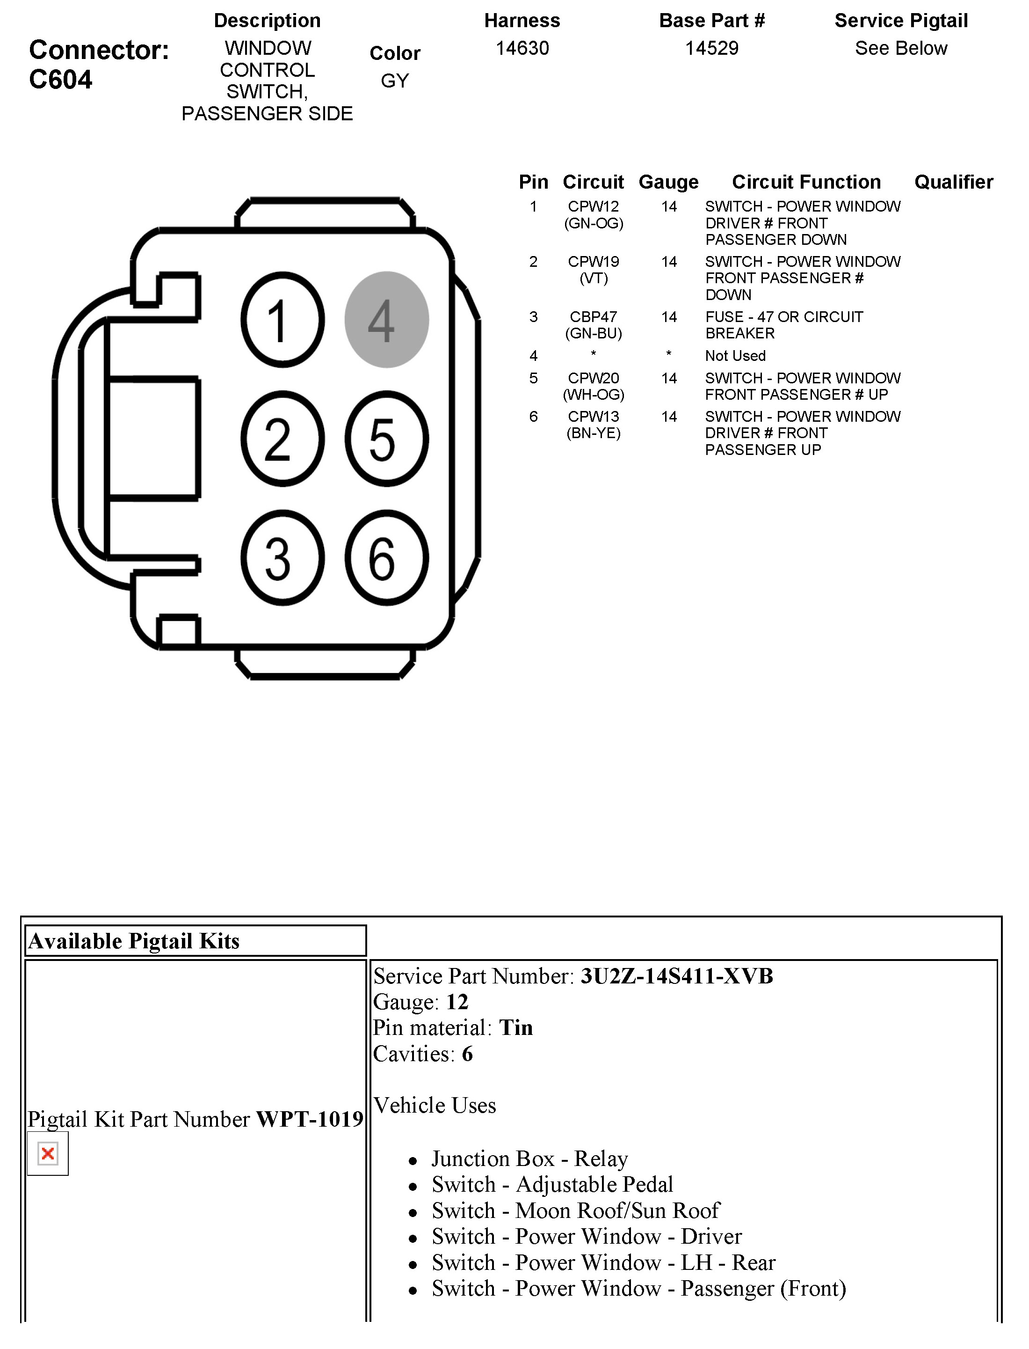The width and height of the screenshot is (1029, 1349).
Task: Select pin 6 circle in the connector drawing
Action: pos(386,558)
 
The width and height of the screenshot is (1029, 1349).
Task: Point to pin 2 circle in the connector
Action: pos(283,439)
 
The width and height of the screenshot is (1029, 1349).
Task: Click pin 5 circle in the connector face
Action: pos(386,439)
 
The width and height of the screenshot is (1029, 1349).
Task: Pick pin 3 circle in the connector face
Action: pos(283,558)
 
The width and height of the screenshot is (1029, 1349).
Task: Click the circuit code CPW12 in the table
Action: pos(593,206)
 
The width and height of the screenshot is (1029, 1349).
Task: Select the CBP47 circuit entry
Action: pos(593,317)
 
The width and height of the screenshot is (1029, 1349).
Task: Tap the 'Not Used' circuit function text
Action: pos(735,355)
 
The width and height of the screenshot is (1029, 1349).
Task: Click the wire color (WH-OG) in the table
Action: pos(593,395)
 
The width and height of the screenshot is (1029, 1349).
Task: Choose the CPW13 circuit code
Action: pos(593,417)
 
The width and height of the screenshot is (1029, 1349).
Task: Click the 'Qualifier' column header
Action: pos(953,182)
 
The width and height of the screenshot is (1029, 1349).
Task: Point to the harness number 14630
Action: pos(522,48)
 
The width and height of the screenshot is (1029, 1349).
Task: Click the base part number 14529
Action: pos(712,48)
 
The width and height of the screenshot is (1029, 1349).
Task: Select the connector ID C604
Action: pos(61,80)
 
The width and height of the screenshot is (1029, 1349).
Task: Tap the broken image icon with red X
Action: pos(48,1153)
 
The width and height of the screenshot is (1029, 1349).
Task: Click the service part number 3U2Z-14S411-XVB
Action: pos(676,976)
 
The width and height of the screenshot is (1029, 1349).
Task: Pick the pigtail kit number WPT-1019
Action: pos(309,1119)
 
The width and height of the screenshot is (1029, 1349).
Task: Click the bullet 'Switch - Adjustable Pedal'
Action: pos(552,1184)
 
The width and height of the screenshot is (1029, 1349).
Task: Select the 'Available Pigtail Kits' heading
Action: pos(134,941)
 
